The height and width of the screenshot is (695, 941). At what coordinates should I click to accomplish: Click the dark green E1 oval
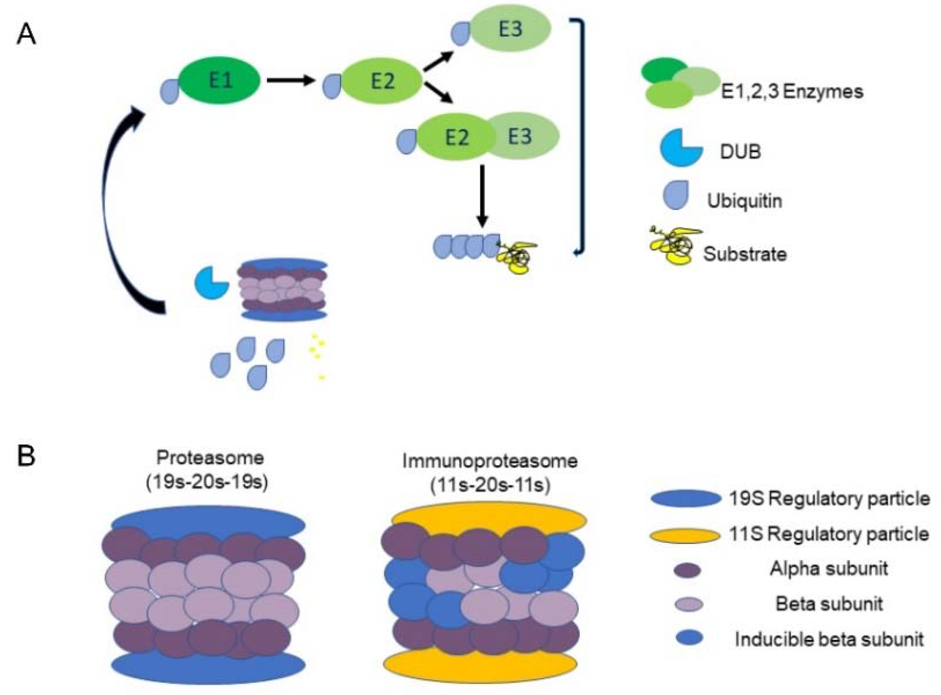pos(220,80)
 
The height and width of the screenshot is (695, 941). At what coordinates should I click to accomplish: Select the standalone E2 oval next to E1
pos(381,81)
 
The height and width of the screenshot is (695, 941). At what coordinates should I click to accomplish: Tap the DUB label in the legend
pos(740,152)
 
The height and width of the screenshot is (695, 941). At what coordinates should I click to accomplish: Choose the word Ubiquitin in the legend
pos(745,200)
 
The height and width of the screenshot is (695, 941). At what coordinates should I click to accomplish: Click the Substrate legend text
pos(745,254)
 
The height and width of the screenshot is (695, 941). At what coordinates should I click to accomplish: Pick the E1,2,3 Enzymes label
pos(792,92)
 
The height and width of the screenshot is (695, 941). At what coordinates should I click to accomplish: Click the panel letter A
pos(26,35)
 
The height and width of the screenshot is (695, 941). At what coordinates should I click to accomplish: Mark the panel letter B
pos(26,456)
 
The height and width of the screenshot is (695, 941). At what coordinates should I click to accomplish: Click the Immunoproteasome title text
pos(490,461)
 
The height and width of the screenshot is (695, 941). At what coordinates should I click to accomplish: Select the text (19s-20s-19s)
pos(207,483)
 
